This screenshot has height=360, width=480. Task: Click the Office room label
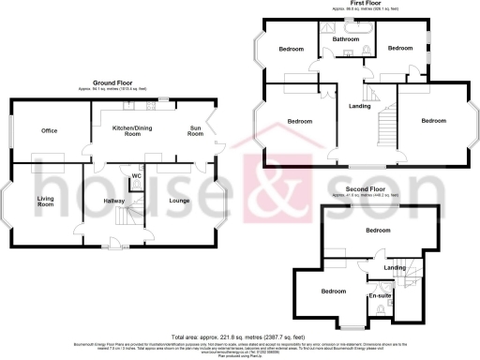point(37,130)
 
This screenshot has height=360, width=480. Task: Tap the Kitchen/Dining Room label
point(133,129)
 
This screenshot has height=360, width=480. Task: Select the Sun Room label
point(196,129)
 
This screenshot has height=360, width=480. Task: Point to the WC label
point(136,175)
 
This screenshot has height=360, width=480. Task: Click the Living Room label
point(37,201)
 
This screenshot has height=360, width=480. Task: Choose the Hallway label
point(114,202)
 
